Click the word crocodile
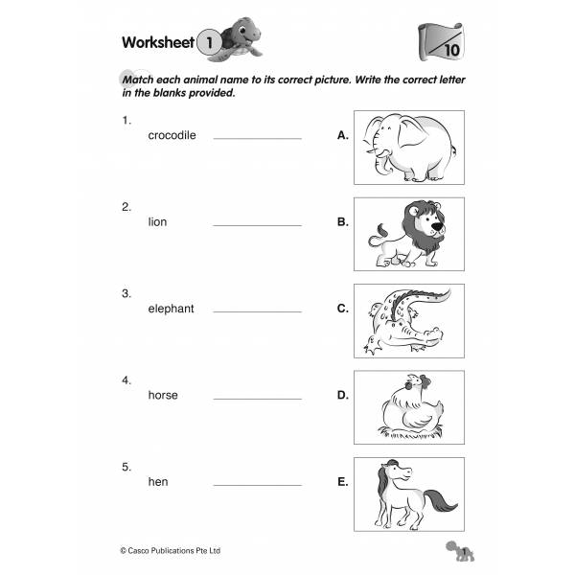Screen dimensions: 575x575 click(x=172, y=135)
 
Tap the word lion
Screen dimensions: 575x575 click(x=157, y=221)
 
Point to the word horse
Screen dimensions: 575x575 click(x=163, y=395)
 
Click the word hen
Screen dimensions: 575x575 click(x=157, y=481)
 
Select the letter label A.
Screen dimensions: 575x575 click(x=342, y=136)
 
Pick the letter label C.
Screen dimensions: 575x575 click(x=342, y=309)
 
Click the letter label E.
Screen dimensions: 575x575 click(x=342, y=481)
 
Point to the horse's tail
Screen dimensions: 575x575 click(x=443, y=502)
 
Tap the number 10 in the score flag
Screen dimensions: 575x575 click(x=450, y=49)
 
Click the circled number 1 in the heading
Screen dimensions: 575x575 click(x=208, y=42)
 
